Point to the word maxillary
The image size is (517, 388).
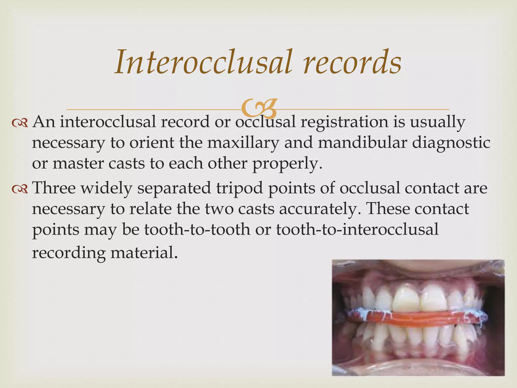243,143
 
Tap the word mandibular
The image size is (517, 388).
363,143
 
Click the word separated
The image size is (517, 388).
174,188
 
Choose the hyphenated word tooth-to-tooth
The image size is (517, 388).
197,230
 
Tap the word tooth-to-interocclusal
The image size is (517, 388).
357,230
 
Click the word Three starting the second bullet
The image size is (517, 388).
54,188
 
